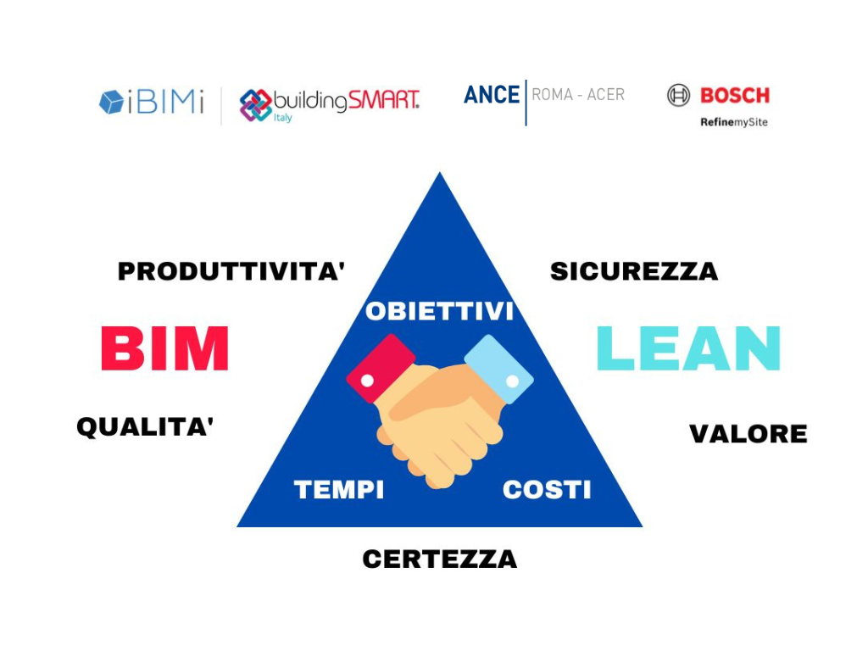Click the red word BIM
point(165,348)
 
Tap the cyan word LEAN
point(688,348)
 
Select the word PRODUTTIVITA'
point(231,271)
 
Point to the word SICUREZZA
point(634,271)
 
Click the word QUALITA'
point(145,427)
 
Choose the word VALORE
point(748,433)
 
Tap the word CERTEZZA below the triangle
point(440,559)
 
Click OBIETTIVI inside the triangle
point(440,311)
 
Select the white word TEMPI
point(339,489)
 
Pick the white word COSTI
point(547,489)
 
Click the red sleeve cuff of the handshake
point(381,368)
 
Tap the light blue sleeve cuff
point(499,369)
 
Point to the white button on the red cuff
point(367,381)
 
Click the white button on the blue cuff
point(513,381)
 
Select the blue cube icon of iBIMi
point(111,102)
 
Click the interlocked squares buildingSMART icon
point(255,104)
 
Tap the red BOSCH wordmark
point(735,95)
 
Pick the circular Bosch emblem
point(678,95)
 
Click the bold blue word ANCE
point(492,95)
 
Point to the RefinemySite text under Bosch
point(733,122)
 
